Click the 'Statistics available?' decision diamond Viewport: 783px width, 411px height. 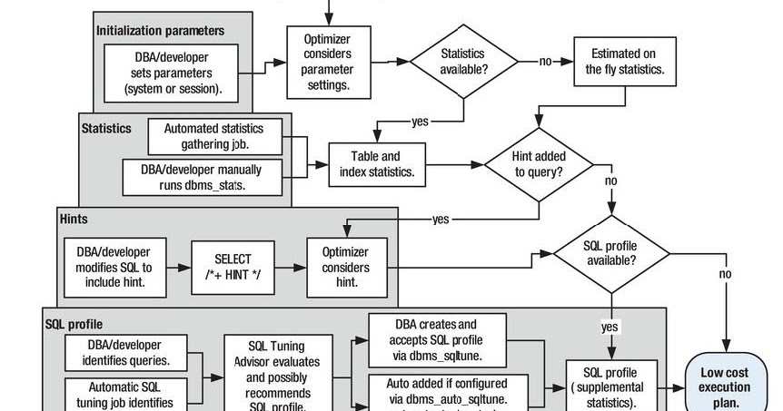coord(463,62)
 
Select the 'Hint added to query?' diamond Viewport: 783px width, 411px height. coord(539,164)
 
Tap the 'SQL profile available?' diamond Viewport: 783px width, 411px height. coord(611,253)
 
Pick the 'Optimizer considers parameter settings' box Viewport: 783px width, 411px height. coord(330,62)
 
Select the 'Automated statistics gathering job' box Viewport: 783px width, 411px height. coord(214,136)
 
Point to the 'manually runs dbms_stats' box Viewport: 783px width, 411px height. coord(202,177)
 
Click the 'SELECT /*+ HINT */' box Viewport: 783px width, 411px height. coord(233,268)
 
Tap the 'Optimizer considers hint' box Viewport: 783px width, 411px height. coord(346,268)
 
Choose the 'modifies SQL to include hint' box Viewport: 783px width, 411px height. coord(114,268)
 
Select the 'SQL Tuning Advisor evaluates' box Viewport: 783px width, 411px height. coord(276,374)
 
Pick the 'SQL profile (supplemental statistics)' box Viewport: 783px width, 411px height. coord(611,387)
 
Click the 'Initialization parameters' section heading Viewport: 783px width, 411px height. coord(161,30)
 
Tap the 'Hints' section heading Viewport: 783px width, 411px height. coord(74,220)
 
